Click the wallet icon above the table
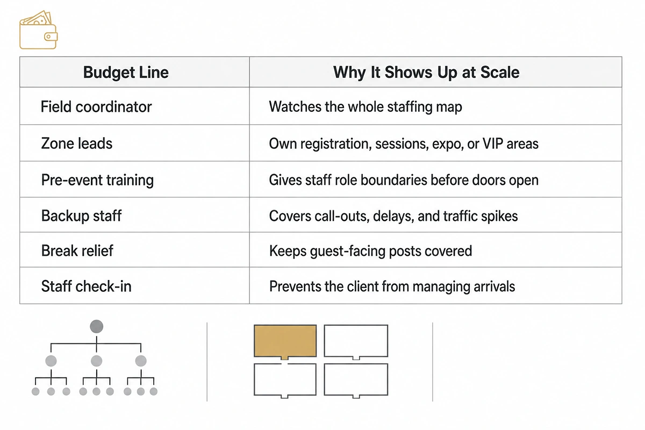coord(38,30)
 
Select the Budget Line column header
coord(126,72)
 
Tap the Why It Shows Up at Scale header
coord(426,72)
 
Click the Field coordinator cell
coord(96,107)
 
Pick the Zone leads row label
coord(76,144)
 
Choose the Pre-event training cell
coord(97,180)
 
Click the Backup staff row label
coord(81,216)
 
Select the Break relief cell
coord(77,250)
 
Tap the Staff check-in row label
coord(86,286)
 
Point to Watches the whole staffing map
coord(365,107)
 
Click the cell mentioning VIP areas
coord(404,144)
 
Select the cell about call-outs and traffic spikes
coord(393,216)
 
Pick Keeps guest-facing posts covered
coord(370,251)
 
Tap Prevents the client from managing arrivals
coord(392,286)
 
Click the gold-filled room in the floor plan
coord(285,341)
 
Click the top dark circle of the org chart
coord(96,326)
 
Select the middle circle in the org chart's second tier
coord(96,361)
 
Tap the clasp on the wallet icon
coord(51,37)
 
